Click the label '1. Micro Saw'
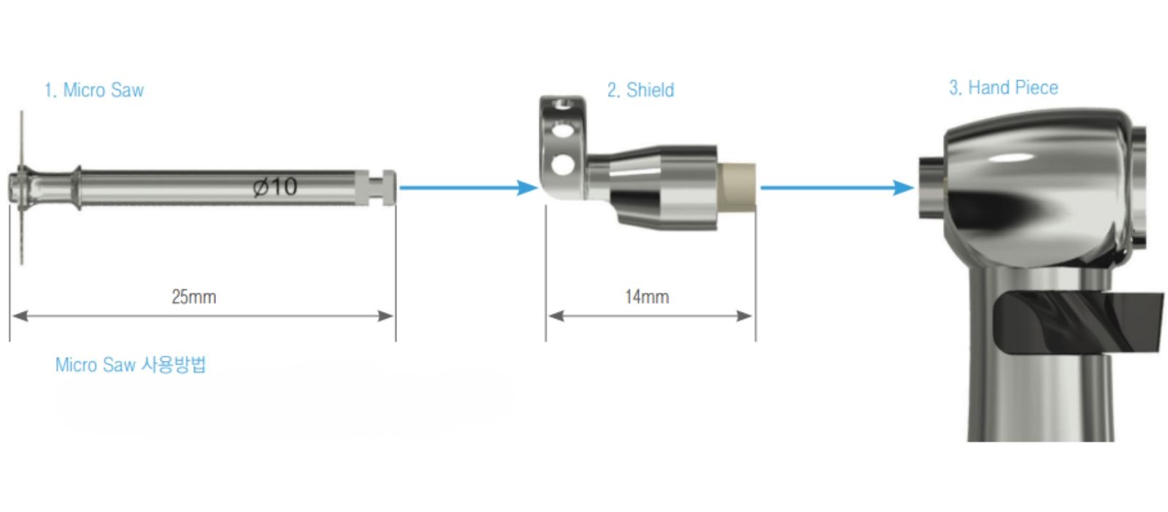tap(94, 91)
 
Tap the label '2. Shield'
tap(640, 91)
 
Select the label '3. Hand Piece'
tap(1003, 88)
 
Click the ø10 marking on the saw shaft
tap(275, 187)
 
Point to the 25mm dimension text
tap(193, 297)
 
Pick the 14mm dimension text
tap(647, 297)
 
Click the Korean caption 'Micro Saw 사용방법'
tap(131, 364)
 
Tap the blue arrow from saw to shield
tap(468, 188)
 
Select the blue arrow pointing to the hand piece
tap(837, 188)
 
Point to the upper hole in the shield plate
tap(562, 131)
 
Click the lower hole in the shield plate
tap(562, 164)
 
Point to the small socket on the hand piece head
tap(931, 187)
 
